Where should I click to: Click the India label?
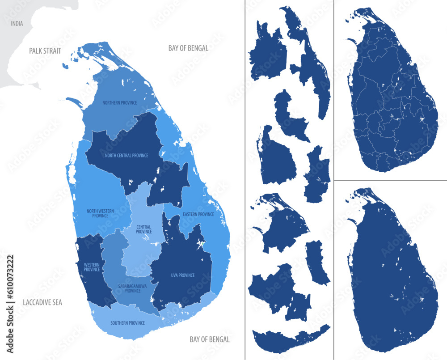tap(17, 24)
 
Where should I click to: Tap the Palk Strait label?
tap(45, 51)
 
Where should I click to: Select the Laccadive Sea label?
tap(42, 303)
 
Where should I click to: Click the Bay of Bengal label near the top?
tap(188, 48)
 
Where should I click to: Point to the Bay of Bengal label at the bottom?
tap(210, 339)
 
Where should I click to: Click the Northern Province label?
tap(119, 103)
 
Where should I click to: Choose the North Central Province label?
tap(127, 156)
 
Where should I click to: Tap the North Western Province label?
tap(100, 213)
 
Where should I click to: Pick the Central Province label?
tap(143, 229)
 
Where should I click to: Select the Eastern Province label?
tap(198, 214)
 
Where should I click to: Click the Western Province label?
tap(92, 267)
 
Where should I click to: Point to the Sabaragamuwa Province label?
tap(130, 288)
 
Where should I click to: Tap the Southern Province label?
tap(127, 322)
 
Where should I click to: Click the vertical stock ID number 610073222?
tap(10, 285)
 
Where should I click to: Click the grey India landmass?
tap(27, 67)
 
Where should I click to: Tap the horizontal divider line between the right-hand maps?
tap(391, 180)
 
